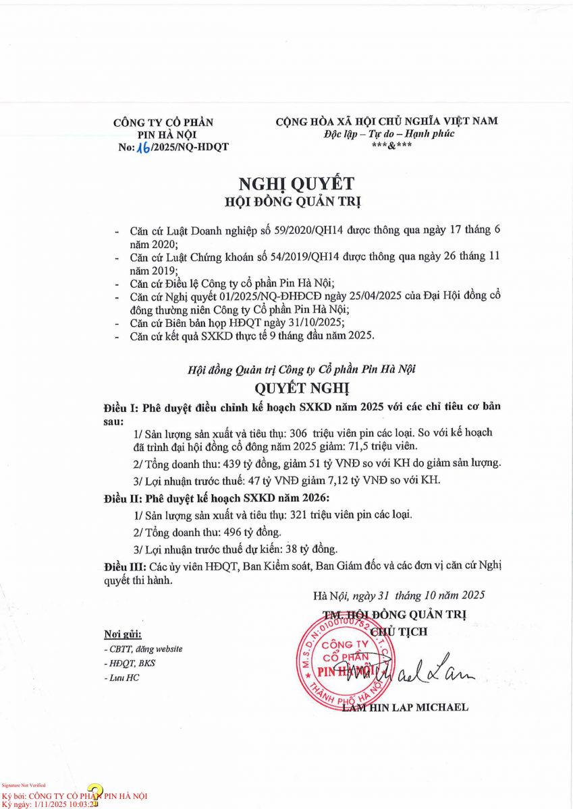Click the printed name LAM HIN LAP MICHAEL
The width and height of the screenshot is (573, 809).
(405, 707)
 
